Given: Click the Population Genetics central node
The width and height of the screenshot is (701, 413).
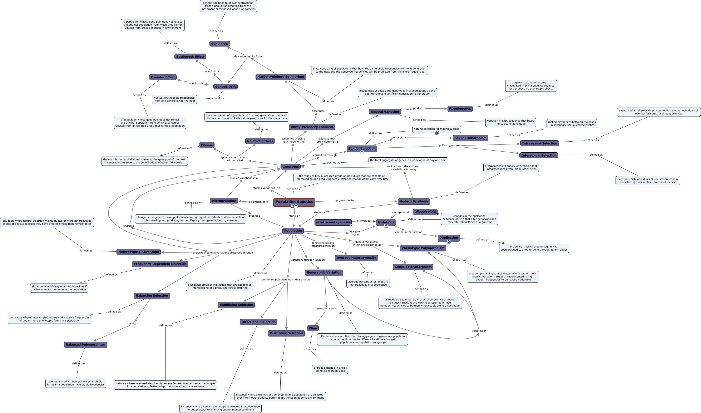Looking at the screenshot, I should (x=294, y=202).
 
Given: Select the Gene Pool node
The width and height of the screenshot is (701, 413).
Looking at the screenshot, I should (x=290, y=167).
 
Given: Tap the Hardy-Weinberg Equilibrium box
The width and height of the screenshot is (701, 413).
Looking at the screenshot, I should (x=280, y=77).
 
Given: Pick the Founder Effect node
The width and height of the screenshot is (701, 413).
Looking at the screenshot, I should (x=163, y=77).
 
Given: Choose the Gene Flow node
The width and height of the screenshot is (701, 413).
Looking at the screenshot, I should (x=219, y=44).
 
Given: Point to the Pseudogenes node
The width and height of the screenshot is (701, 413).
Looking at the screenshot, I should (x=460, y=109).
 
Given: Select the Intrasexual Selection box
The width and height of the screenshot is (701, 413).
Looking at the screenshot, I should (x=539, y=143).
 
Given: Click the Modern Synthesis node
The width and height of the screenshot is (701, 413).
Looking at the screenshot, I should (x=414, y=201).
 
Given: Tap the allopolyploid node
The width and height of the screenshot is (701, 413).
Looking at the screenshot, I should (x=425, y=212).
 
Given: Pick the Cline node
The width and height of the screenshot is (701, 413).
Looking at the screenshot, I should (x=313, y=328).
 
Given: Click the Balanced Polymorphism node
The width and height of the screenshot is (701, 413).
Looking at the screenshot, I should (x=85, y=345).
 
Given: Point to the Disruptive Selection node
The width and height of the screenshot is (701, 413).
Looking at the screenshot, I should (x=286, y=333).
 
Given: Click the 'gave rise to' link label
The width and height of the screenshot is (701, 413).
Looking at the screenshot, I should (x=346, y=200).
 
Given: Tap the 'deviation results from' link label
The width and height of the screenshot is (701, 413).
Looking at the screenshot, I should (x=248, y=56).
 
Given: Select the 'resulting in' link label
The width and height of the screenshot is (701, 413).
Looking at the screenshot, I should (x=479, y=331).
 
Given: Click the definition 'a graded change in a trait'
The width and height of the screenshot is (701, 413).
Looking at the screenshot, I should (x=330, y=369).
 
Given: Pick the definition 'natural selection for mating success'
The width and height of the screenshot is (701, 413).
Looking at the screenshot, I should (x=436, y=129).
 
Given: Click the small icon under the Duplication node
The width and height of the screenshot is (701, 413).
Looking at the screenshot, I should (x=448, y=242).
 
